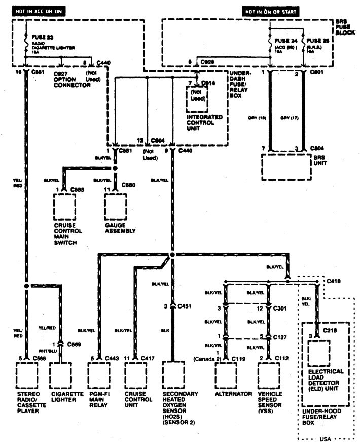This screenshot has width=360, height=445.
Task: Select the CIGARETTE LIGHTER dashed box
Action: pyautogui.click(x=62, y=375)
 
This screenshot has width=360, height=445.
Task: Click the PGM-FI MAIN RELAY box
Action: pyautogui.click(x=100, y=375)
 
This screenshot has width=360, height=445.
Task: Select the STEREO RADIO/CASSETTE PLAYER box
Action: pyautogui.click(x=28, y=375)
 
